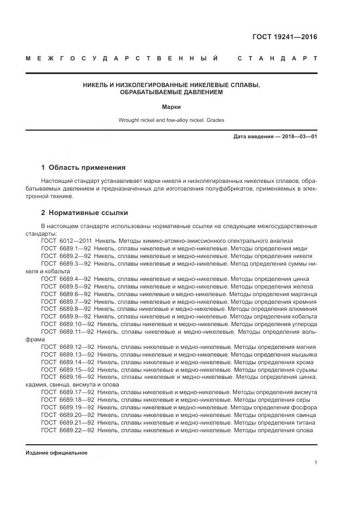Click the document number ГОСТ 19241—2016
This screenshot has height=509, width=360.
(x=284, y=37)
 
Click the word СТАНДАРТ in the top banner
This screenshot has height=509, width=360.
(x=277, y=58)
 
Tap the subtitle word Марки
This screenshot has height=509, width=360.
(x=172, y=107)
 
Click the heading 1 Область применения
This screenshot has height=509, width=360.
(x=83, y=168)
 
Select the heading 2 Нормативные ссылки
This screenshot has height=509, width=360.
(x=84, y=212)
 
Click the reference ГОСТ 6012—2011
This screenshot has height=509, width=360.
(x=66, y=241)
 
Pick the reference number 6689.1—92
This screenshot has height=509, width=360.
(x=76, y=248)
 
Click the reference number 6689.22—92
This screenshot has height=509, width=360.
(x=77, y=430)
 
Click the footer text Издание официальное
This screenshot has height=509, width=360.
(x=56, y=453)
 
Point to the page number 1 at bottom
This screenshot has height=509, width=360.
(x=316, y=463)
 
